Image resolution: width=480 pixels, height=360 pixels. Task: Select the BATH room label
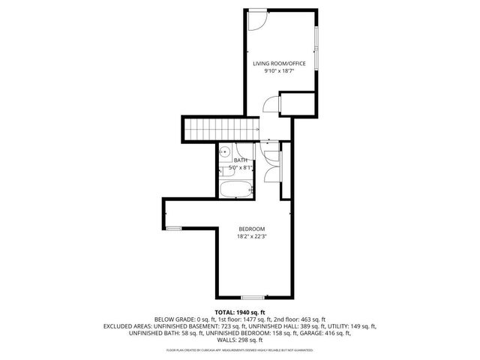click(240, 160)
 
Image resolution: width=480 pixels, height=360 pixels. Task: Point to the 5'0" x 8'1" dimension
click(240, 168)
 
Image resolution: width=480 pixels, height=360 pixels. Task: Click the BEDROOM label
click(252, 229)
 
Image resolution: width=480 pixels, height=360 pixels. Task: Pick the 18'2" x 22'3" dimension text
click(252, 237)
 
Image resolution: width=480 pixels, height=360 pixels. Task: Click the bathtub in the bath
click(235, 188)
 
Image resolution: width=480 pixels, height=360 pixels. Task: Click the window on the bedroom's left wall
click(173, 227)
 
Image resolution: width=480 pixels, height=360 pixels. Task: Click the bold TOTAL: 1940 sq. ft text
click(240, 312)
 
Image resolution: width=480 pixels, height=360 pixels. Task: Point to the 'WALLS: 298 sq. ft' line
click(240, 340)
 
